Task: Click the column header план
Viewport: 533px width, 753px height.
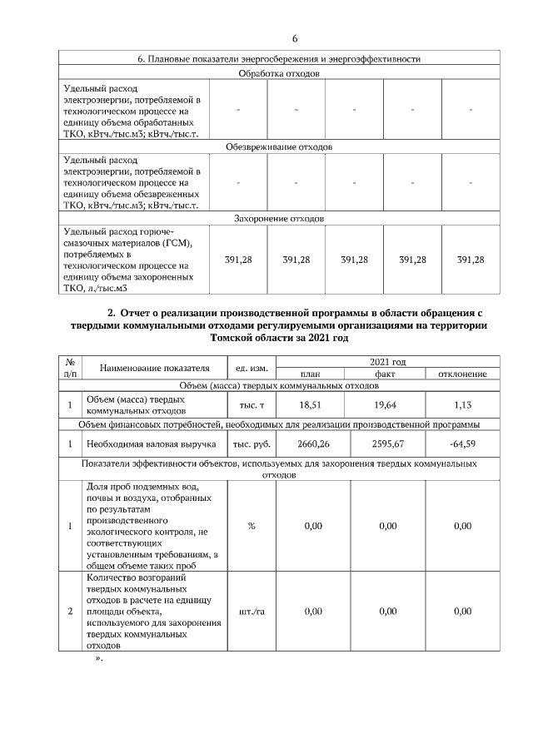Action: click(x=310, y=374)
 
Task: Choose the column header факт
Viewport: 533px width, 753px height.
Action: click(x=385, y=374)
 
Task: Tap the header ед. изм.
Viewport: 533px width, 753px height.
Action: click(x=252, y=368)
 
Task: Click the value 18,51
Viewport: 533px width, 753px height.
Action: click(x=310, y=404)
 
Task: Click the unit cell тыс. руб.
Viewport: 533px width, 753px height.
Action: click(x=252, y=443)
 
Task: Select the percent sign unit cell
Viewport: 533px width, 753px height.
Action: click(x=252, y=526)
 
